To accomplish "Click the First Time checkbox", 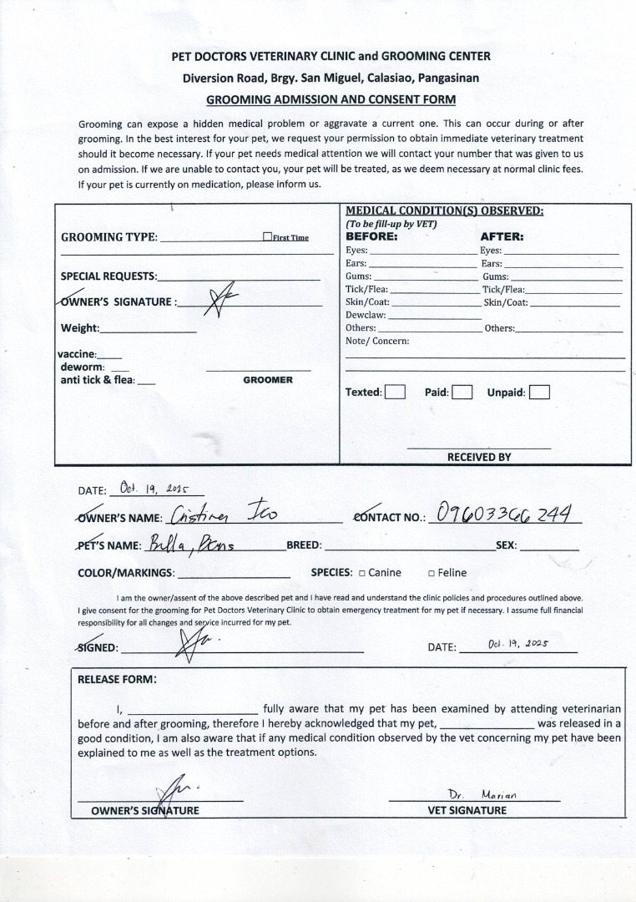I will click(267, 237).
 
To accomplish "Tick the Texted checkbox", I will click(395, 392).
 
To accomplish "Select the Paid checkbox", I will click(462, 392).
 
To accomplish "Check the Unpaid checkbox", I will click(539, 392).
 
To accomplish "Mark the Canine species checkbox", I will click(361, 573).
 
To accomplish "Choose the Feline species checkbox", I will click(431, 573).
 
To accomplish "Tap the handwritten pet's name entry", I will click(193, 545).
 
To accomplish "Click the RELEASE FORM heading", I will click(116, 679).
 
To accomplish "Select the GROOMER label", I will click(268, 380).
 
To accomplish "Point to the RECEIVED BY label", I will click(479, 457).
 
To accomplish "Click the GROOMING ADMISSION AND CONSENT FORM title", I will click(331, 99).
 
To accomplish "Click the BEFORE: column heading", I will click(371, 236).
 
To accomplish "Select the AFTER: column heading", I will click(502, 236).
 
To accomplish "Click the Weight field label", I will click(79, 328).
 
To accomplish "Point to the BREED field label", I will click(304, 545).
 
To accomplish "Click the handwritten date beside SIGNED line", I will click(517, 644).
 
